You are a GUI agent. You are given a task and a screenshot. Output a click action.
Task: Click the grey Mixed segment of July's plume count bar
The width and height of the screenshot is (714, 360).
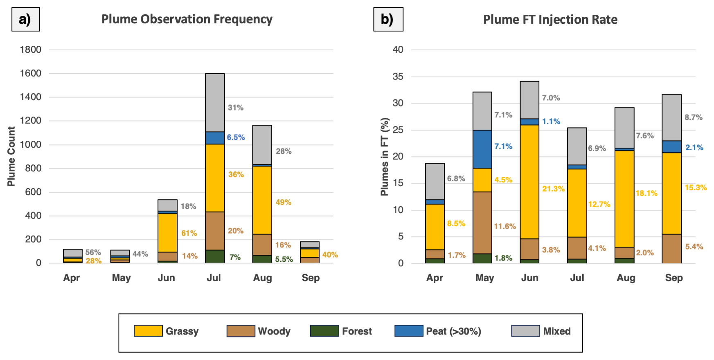215,102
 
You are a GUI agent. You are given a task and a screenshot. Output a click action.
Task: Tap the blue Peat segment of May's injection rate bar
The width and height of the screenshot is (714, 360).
482,149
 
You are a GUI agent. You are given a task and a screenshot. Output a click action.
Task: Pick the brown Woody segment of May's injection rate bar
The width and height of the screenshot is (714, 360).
482,223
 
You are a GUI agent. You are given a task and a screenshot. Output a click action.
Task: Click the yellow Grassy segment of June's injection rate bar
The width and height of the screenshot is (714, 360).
529,182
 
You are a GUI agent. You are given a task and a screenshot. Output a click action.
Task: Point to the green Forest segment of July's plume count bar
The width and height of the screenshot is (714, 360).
215,256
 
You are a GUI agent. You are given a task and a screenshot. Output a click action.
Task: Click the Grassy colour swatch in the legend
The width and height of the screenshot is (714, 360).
148,331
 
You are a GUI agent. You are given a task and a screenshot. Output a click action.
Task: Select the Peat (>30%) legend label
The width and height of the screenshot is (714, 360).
453,331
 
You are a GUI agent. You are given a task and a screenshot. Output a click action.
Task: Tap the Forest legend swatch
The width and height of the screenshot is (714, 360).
324,331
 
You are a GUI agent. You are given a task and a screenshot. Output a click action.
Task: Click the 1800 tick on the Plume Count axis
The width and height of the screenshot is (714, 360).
31,49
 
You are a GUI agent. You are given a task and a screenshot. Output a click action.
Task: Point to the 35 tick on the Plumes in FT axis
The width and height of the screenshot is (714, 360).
398,76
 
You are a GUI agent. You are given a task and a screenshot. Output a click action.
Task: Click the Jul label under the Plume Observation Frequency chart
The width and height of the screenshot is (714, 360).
214,278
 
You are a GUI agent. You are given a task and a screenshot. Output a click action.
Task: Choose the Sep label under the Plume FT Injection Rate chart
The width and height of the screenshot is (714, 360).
674,278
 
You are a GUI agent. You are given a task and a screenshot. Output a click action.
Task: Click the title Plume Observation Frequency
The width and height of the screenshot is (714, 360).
187,19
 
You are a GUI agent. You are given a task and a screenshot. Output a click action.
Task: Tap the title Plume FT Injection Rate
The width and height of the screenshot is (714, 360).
550,20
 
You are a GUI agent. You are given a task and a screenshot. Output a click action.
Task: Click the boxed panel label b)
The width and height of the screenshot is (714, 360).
388,19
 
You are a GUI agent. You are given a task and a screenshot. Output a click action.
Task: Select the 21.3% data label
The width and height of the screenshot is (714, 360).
553,189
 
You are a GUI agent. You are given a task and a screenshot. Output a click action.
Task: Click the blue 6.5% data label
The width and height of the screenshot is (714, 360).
236,137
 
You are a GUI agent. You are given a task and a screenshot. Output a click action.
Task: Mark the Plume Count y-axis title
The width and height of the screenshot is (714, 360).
11,156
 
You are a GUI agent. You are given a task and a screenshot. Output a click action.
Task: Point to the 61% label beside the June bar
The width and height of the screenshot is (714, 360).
189,233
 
